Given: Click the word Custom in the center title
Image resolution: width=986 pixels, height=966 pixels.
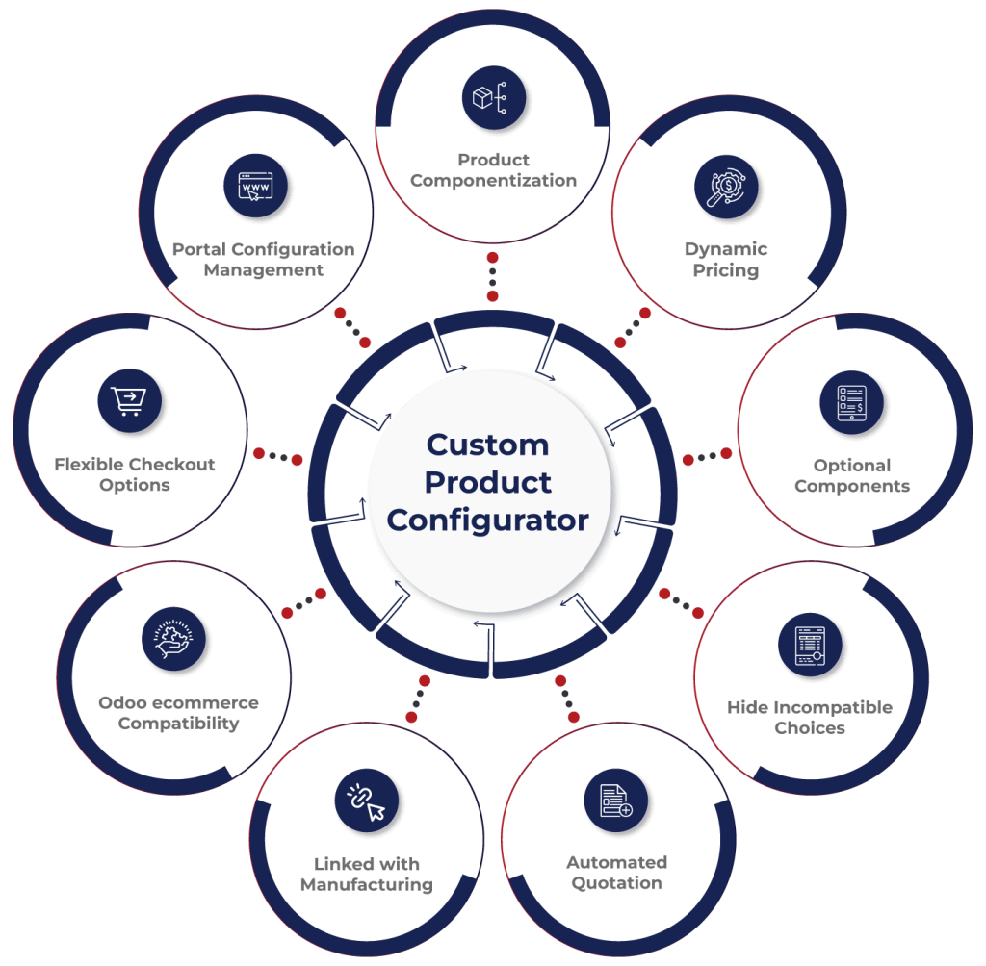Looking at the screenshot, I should click(x=487, y=445).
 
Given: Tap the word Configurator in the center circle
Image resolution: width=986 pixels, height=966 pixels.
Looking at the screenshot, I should click(x=487, y=521).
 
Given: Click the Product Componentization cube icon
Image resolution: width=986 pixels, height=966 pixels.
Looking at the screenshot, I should click(x=493, y=98).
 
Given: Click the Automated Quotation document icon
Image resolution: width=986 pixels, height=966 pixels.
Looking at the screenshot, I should click(x=616, y=800).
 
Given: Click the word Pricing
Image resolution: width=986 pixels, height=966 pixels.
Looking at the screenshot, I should click(x=726, y=271).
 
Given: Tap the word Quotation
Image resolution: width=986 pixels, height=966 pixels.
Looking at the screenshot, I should click(x=616, y=883).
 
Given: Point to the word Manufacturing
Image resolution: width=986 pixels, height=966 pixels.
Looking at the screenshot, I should click(x=366, y=885).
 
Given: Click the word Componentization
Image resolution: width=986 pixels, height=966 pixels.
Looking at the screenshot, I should click(x=493, y=181).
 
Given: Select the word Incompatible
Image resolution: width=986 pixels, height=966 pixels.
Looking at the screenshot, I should click(x=831, y=707).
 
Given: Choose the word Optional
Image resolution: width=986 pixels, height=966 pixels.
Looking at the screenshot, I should click(x=852, y=466).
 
